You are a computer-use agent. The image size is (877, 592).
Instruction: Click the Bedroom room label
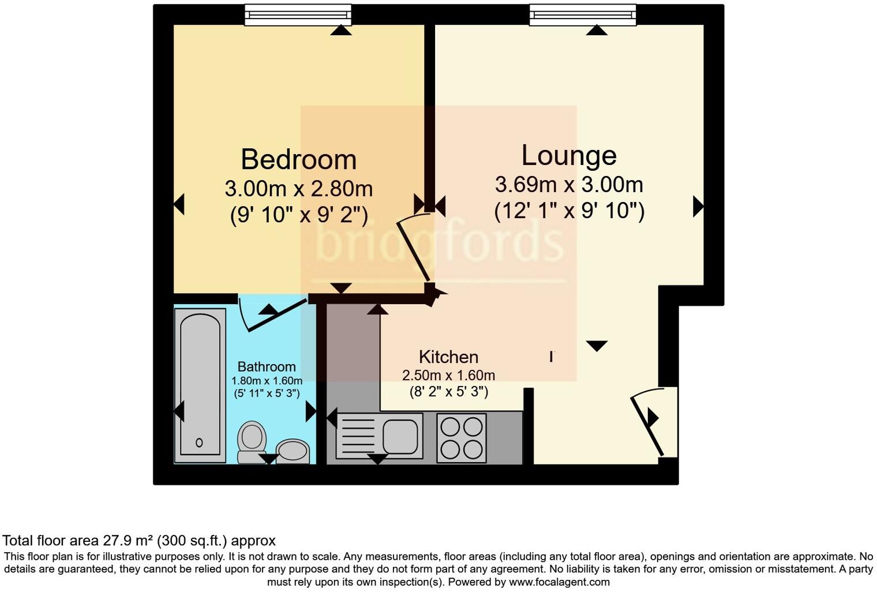click(298, 160)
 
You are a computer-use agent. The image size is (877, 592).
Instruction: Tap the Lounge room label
click(569, 155)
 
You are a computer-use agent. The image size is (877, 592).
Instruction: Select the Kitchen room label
click(448, 357)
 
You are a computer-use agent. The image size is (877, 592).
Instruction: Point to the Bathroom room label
click(267, 366)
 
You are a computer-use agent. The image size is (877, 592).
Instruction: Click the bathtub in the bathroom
click(200, 385)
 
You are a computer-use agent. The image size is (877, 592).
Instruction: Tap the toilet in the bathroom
click(252, 441)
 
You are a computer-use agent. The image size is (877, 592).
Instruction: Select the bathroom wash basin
click(293, 451)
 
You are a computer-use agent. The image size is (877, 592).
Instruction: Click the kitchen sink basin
click(400, 436)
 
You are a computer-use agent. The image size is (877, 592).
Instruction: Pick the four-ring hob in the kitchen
click(462, 438)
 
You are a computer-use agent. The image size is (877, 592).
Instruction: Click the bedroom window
click(298, 14)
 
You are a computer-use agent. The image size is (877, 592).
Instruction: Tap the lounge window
click(583, 14)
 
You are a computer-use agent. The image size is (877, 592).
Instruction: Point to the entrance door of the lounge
click(647, 425)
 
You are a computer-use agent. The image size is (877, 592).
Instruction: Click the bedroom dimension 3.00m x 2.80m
click(298, 189)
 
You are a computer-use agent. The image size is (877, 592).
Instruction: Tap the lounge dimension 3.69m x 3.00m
click(569, 185)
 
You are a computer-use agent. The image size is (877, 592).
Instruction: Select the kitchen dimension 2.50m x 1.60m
click(448, 375)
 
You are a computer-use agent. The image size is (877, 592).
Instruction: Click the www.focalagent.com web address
click(559, 582)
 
